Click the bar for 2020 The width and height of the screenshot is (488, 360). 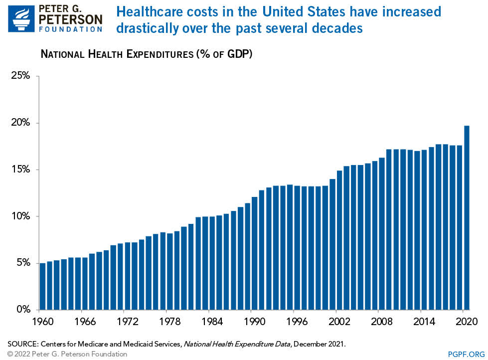click(467, 217)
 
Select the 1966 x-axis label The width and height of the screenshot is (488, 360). click(85, 321)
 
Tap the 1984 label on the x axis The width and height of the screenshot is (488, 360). click(212, 321)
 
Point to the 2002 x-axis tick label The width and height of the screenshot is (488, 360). click(339, 321)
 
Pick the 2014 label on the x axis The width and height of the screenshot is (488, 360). click(424, 321)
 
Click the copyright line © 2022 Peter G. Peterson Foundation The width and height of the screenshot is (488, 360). click(67, 354)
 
